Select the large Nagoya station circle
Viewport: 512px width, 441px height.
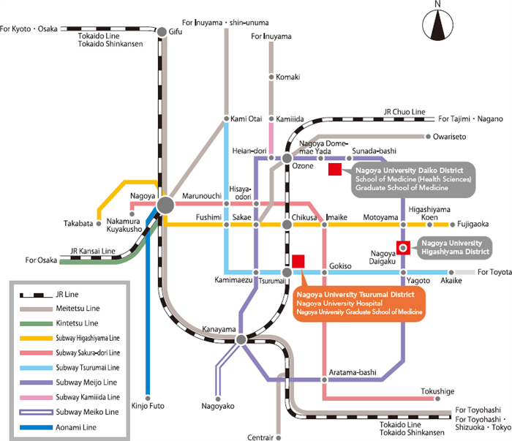tap(165, 204)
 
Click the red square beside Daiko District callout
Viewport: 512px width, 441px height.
tap(334, 170)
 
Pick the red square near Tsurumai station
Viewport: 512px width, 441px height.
tap(298, 261)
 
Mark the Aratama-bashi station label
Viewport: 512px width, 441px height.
tap(353, 372)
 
